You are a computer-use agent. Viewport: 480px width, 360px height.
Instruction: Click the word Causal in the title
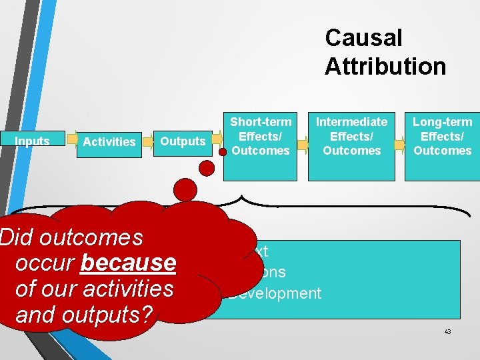point(363,38)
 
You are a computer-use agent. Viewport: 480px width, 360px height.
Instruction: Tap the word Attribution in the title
point(385,66)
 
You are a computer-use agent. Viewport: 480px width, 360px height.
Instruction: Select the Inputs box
point(32,141)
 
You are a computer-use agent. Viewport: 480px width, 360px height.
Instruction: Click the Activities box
point(109,141)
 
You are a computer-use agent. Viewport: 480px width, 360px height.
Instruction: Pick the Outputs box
point(183,141)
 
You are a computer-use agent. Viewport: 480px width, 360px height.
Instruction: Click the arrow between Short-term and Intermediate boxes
point(303,143)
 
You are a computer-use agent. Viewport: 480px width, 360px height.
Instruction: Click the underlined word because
point(127,263)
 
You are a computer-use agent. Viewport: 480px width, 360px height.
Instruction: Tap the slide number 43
point(447,331)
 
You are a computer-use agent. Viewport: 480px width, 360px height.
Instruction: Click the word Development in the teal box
point(275,293)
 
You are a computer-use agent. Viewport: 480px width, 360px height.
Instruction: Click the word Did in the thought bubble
point(13,237)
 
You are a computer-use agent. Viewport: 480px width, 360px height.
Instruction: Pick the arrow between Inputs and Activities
point(71,141)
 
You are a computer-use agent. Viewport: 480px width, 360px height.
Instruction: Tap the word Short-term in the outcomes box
point(261,122)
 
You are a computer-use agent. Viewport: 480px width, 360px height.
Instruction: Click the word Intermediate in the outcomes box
point(351,122)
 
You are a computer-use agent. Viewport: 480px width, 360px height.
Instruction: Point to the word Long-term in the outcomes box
point(442,122)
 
